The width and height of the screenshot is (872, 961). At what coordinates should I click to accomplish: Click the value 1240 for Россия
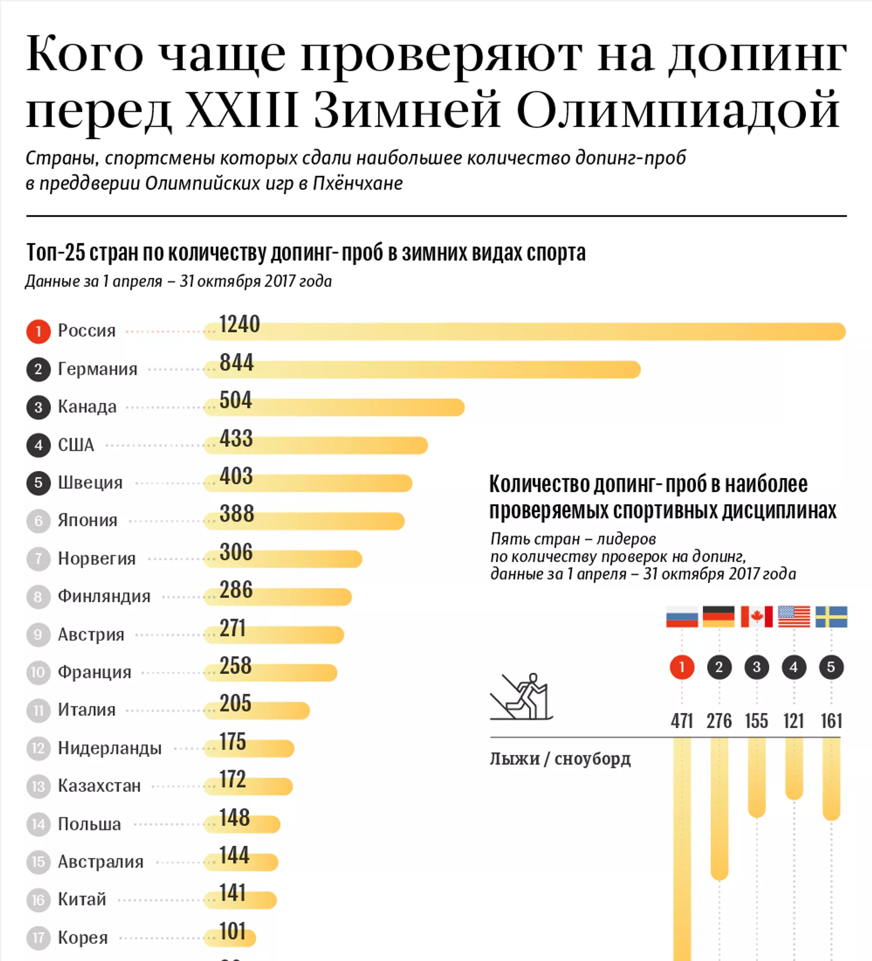[239, 325]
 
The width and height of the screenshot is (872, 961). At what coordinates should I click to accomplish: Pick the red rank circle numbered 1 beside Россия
[39, 331]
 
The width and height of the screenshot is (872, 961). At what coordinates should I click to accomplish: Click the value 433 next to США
[236, 439]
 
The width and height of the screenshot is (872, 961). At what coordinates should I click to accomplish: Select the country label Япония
[88, 521]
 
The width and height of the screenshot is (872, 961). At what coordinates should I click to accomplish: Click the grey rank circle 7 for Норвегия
[39, 559]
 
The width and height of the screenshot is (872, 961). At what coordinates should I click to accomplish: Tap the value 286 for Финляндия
[236, 590]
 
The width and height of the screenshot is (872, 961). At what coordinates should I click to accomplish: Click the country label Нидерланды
[109, 748]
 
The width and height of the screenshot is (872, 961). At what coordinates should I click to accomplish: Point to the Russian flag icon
[682, 616]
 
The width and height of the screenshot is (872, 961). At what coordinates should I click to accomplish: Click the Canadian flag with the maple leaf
[756, 616]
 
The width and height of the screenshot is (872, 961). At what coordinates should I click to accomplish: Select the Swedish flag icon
[831, 616]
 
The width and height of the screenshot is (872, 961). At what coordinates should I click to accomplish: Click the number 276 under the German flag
[719, 721]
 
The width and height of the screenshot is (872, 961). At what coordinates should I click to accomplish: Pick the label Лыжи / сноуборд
[560, 758]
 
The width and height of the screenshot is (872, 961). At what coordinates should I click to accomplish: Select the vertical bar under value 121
[794, 767]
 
